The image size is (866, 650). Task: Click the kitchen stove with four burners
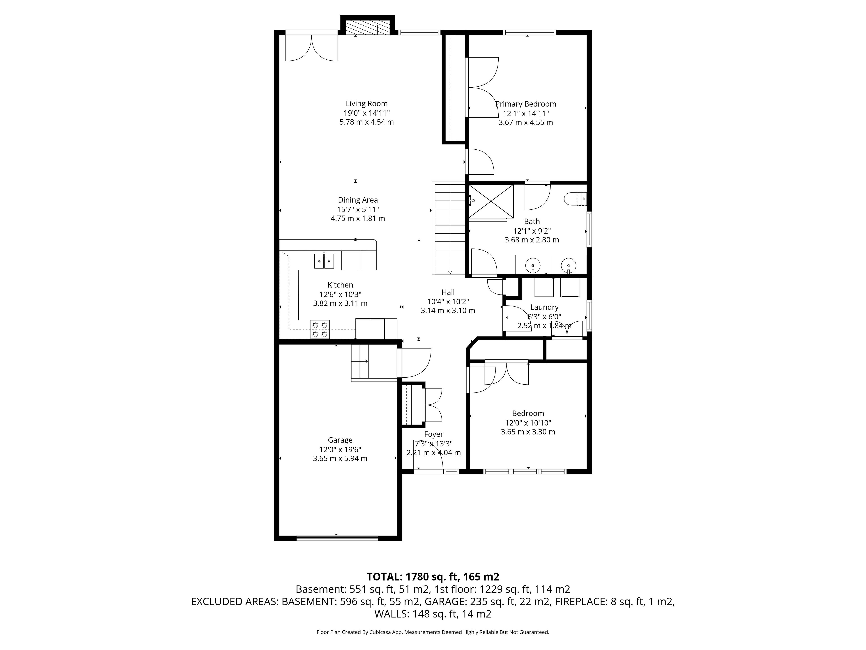[320, 330]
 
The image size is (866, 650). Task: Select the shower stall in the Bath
[491, 201]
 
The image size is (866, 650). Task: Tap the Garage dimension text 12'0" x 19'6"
[340, 449]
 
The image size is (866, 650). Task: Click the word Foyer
[434, 434]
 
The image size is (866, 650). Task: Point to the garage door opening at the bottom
[337, 538]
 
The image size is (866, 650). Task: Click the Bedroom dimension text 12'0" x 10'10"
[528, 423]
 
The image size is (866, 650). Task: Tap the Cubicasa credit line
[433, 632]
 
